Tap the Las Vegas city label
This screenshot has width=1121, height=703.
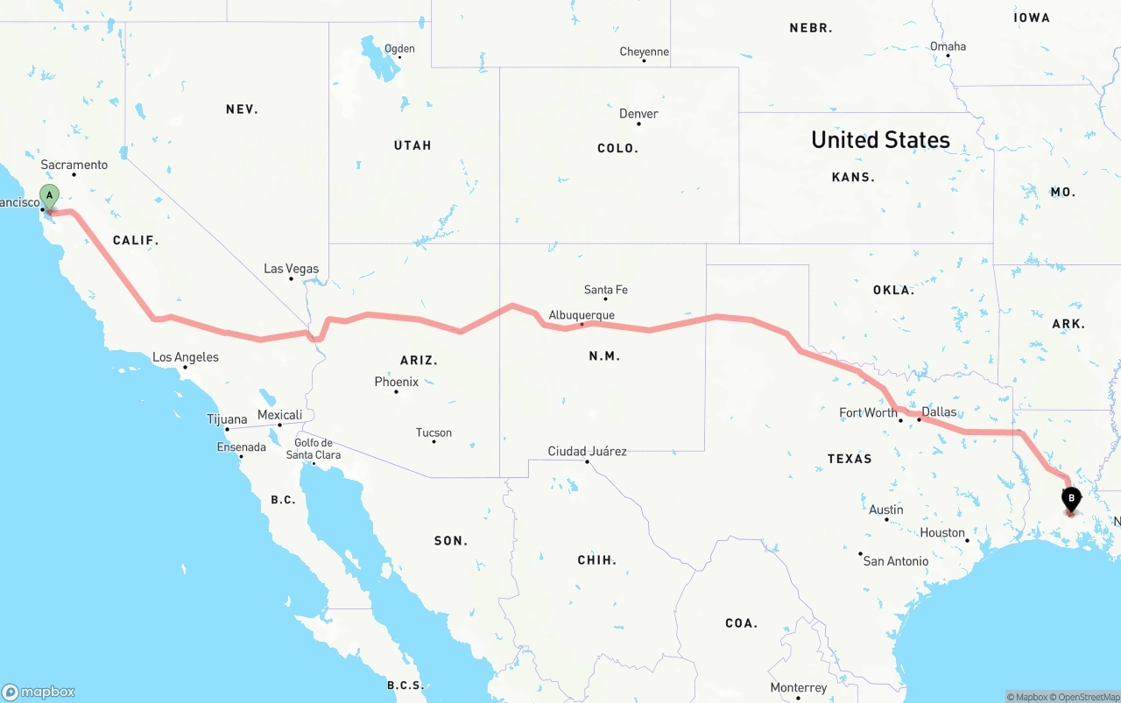pos(292,269)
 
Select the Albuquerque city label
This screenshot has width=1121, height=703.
pos(582,315)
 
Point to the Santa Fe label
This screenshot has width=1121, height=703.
pos(606,290)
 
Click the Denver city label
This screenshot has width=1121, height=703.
pos(638,114)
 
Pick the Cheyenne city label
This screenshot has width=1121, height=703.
pos(644,52)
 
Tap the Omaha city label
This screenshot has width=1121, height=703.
pos(948,46)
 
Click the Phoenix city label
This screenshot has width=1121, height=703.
pos(397,382)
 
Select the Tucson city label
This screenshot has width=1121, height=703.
pos(434,432)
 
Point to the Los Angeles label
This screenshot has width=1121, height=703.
pos(186,357)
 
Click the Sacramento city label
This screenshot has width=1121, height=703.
pos(74,165)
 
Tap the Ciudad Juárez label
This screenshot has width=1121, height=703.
pos(587,452)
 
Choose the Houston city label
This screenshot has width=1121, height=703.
pos(942,532)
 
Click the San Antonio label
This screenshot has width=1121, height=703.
pos(896,561)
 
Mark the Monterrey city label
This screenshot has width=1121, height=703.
pos(799,688)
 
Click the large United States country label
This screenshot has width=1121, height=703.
pos(880,140)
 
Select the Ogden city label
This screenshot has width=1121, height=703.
pos(399,48)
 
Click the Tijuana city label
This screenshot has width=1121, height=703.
pos(227,419)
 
